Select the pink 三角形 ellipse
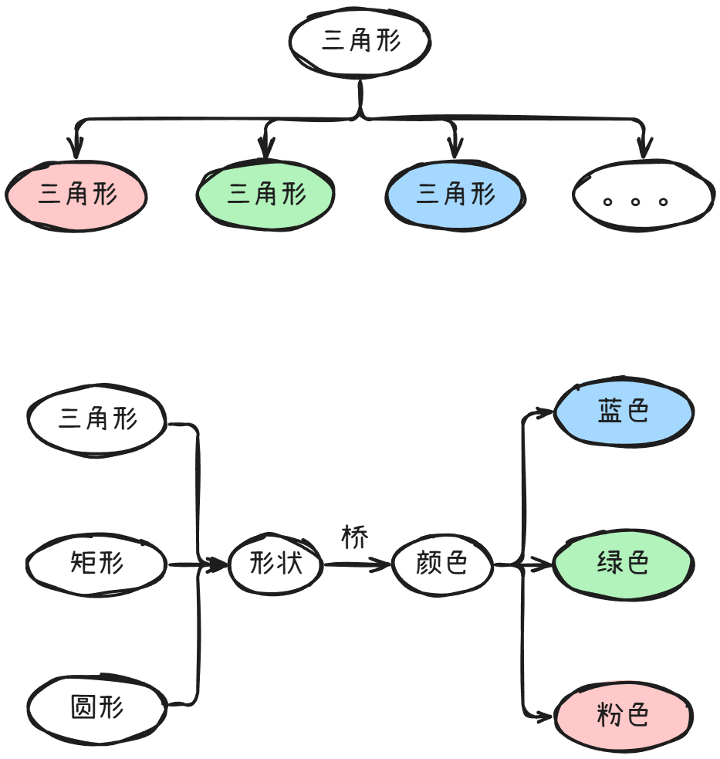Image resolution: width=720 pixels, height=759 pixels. pyautogui.click(x=76, y=194)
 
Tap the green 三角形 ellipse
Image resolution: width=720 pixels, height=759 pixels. pyautogui.click(x=266, y=194)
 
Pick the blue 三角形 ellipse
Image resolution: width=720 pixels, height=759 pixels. pyautogui.click(x=455, y=194)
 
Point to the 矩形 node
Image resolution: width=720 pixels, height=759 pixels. pyautogui.click(x=97, y=564)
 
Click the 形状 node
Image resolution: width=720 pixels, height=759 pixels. pyautogui.click(x=276, y=564)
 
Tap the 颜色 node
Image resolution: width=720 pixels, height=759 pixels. pyautogui.click(x=442, y=564)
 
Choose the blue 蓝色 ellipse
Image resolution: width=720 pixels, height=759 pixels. pyautogui.click(x=624, y=412)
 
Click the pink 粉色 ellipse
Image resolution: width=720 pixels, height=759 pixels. pyautogui.click(x=624, y=716)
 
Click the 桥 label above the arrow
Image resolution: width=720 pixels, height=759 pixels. pyautogui.click(x=355, y=538)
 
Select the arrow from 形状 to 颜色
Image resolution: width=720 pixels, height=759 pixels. pyautogui.click(x=357, y=565)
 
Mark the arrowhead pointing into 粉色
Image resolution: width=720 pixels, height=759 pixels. pyautogui.click(x=545, y=716)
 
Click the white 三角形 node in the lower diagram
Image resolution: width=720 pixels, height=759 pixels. pyautogui.click(x=97, y=419)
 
